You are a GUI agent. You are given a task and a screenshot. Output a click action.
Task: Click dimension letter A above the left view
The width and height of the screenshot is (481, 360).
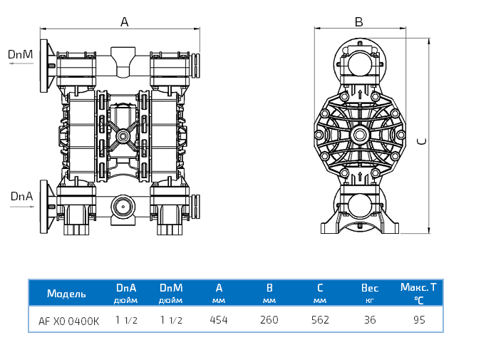click(124, 22)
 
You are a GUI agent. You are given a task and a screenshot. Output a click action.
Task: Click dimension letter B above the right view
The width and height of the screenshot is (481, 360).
click(359, 21)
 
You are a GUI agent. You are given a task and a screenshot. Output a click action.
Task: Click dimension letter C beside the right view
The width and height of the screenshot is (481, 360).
click(422, 141)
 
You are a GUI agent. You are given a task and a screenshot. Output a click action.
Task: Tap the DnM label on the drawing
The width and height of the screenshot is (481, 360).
click(21, 54)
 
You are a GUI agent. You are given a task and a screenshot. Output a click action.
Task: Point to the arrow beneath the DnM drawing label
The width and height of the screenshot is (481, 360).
click(21, 64)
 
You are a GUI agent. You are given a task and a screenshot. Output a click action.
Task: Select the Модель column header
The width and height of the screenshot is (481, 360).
click(66, 294)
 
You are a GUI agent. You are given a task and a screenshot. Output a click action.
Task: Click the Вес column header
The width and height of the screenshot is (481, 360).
click(370, 288)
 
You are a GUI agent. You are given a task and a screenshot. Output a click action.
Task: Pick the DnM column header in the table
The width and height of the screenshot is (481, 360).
click(171, 288)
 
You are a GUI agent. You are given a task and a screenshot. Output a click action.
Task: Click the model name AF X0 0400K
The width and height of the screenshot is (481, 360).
click(69, 321)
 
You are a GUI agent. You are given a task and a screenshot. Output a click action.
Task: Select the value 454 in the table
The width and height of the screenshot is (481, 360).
click(219, 320)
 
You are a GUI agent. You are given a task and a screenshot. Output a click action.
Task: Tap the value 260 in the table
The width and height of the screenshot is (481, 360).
click(269, 320)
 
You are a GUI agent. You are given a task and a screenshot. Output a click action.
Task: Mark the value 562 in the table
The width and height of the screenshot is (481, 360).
click(320, 320)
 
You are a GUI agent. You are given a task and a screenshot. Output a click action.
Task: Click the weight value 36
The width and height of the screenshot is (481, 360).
click(370, 320)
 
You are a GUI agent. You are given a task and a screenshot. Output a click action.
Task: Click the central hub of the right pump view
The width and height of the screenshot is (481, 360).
click(359, 135)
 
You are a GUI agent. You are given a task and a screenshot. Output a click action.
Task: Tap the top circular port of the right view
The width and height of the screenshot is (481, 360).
click(358, 62)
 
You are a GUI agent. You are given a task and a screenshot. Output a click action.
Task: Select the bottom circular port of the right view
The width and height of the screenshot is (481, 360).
click(358, 206)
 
